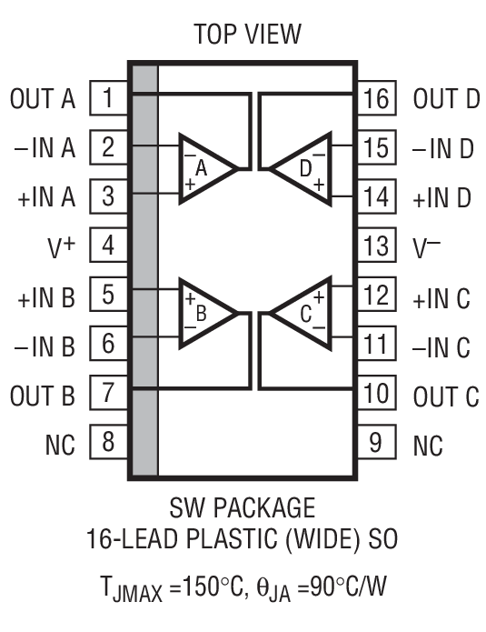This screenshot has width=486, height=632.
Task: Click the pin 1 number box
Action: pyautogui.click(x=108, y=98)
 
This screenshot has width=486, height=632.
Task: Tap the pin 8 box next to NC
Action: pyautogui.click(x=108, y=443)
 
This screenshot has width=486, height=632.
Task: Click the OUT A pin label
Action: pyautogui.click(x=43, y=98)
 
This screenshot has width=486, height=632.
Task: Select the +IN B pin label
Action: pyautogui.click(x=45, y=296)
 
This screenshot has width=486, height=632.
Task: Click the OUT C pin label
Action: pyautogui.click(x=445, y=395)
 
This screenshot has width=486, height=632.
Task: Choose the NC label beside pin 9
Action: pyautogui.click(x=429, y=444)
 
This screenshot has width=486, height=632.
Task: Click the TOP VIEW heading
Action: pyautogui.click(x=246, y=34)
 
